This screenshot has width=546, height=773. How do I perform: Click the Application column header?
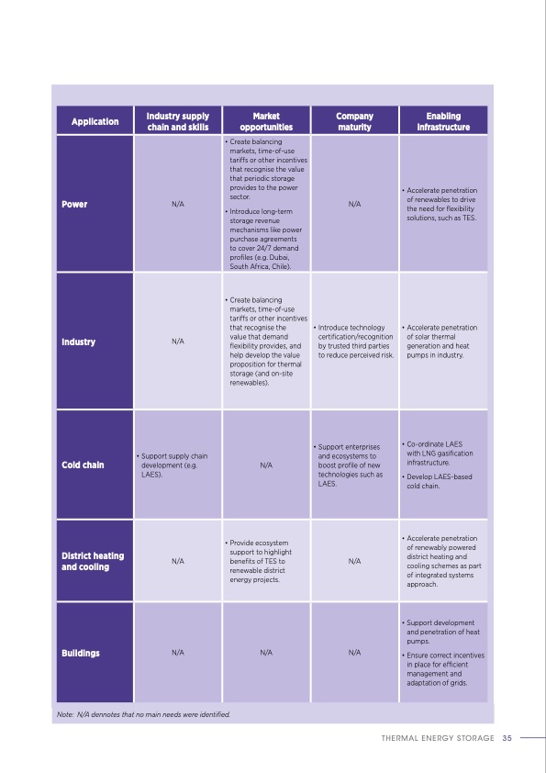coord(95,121)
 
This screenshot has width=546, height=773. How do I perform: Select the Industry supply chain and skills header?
coord(178,121)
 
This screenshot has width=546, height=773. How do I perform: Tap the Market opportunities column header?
coord(266,121)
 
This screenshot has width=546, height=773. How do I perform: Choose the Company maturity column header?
coord(354,121)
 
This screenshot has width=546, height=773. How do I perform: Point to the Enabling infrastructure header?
coord(443,121)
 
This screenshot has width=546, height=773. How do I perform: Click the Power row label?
coord(74,204)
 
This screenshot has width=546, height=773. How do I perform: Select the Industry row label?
coord(79,342)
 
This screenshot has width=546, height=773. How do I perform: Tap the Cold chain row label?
coord(83,465)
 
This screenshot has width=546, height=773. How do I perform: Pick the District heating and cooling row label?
coord(93,561)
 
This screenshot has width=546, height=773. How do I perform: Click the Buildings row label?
coord(81,654)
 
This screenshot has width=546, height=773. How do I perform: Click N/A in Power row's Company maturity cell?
coord(354,204)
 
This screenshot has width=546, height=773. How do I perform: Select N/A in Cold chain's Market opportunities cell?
coord(266,465)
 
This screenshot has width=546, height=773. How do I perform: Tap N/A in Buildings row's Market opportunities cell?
coord(266,654)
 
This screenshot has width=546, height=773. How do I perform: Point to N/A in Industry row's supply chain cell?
coord(178,342)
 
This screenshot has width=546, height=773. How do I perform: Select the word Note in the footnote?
coord(64,713)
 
